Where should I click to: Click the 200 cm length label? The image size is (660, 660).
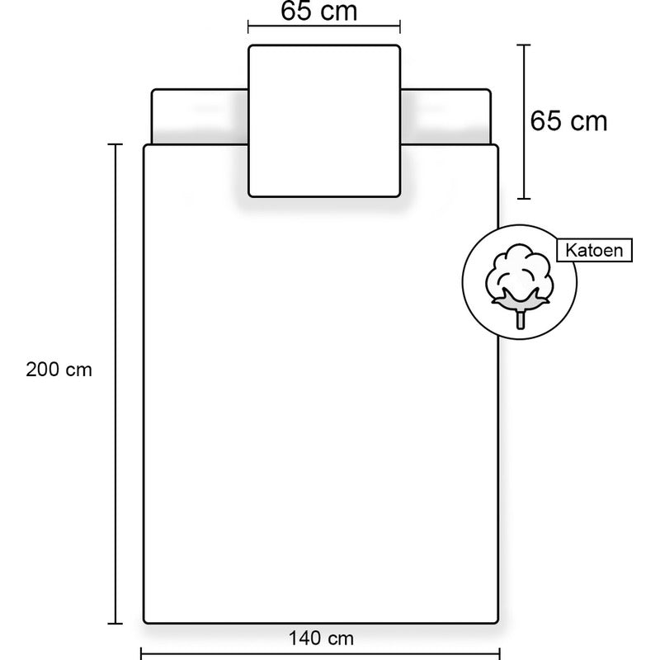click(59, 370)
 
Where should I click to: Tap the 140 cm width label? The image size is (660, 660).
click(321, 639)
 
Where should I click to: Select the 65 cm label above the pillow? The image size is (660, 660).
click(319, 11)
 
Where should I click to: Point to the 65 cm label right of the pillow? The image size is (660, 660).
click(568, 120)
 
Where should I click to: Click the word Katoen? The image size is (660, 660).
click(594, 250)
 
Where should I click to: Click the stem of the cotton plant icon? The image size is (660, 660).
click(521, 318)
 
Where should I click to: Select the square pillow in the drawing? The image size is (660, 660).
click(324, 120)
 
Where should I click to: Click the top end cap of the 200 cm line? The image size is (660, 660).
click(115, 144)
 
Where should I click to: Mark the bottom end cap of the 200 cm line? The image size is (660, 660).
click(115, 624)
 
